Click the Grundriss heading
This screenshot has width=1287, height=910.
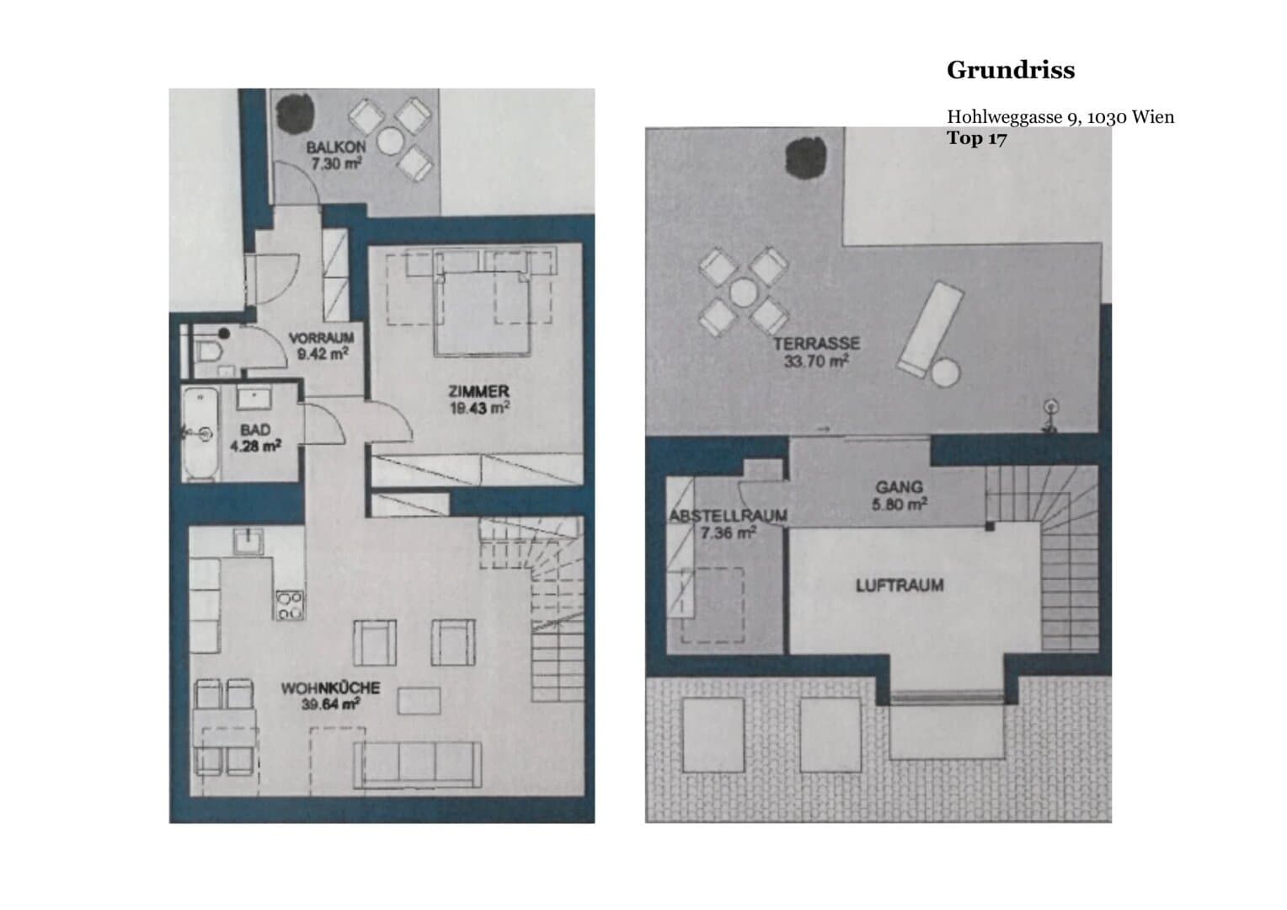[1011, 70]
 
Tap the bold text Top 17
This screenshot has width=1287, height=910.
[977, 138]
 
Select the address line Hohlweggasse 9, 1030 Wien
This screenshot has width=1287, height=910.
[1060, 116]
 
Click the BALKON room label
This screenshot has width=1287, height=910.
[336, 147]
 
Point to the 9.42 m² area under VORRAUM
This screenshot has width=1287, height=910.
[323, 354]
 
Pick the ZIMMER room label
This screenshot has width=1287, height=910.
[478, 392]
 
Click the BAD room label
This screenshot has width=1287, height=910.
[255, 430]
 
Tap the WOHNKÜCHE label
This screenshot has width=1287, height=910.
[330, 688]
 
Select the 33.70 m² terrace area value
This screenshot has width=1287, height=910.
[816, 361]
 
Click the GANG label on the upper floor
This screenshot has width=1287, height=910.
[900, 488]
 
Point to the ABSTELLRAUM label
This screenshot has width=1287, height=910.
[728, 516]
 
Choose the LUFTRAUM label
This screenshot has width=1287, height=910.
[900, 586]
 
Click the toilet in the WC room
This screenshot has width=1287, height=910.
[209, 351]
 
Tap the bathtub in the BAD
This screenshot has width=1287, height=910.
[200, 434]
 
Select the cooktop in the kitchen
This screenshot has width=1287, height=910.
[290, 605]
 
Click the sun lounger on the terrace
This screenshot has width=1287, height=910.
[931, 329]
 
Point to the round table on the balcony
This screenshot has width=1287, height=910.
[390, 140]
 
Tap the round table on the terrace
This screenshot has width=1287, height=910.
[744, 292]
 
